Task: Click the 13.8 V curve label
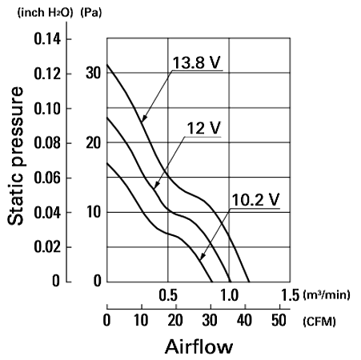tap(197, 62)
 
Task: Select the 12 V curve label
tap(204, 128)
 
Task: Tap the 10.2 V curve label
tap(255, 199)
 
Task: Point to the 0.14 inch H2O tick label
tap(47, 39)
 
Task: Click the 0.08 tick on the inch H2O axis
tap(47, 143)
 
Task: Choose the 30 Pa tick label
tap(94, 73)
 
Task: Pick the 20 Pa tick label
tap(94, 143)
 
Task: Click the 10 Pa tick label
tap(94, 212)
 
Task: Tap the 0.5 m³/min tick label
tap(168, 295)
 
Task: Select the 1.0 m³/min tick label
tap(229, 295)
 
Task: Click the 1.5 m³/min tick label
tap(291, 295)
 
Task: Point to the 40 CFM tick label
tap(244, 320)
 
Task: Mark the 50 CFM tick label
tap(279, 320)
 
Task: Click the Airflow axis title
tap(199, 346)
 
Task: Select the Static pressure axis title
tap(15, 156)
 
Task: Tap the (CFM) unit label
tap(319, 322)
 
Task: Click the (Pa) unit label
tap(91, 13)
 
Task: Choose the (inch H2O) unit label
tap(45, 13)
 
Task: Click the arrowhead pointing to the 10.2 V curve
tap(203, 256)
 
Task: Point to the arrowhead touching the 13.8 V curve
tap(144, 118)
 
